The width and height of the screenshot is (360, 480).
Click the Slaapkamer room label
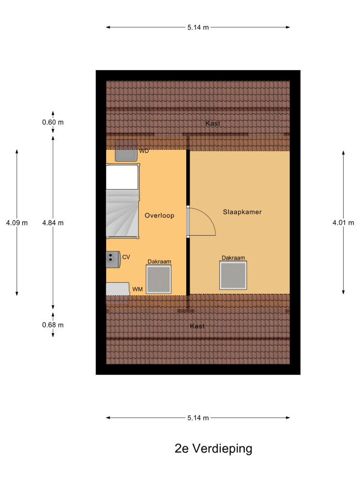click(x=242, y=212)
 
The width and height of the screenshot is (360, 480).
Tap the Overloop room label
click(x=159, y=216)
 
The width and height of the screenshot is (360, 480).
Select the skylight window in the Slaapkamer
click(x=233, y=275)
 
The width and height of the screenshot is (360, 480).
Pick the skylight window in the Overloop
click(x=158, y=279)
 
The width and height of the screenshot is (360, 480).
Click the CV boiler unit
click(x=113, y=260)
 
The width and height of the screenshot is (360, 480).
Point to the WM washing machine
click(x=118, y=289)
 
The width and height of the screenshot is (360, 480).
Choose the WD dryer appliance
click(x=126, y=151)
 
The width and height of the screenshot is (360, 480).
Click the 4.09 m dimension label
click(x=17, y=223)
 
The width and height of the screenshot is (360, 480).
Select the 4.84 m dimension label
click(x=53, y=223)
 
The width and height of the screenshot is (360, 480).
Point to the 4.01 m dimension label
click(x=343, y=223)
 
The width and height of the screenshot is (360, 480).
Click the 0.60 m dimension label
click(x=53, y=122)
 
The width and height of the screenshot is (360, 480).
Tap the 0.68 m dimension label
click(x=53, y=325)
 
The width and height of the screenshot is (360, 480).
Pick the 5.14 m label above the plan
click(x=198, y=27)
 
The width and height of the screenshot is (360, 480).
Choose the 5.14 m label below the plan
click(x=198, y=418)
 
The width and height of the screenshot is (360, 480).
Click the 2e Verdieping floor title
click(x=214, y=448)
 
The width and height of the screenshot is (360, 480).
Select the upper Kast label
click(x=213, y=123)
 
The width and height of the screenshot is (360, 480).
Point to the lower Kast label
click(x=197, y=326)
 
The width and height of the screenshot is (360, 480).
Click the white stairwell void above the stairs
click(x=122, y=177)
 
